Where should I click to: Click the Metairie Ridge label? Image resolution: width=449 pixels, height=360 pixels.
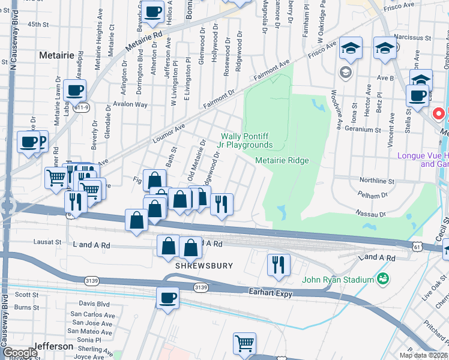tap(282, 160)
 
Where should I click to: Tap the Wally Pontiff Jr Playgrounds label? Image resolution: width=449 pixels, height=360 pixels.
tap(247, 140)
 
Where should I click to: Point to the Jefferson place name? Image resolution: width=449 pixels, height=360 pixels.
tap(53, 346)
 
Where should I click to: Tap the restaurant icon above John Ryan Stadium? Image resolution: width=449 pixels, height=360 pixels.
tap(279, 265)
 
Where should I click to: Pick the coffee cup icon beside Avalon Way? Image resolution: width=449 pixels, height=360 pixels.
tap(75, 91)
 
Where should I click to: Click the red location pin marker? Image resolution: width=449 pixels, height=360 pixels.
tap(439, 113)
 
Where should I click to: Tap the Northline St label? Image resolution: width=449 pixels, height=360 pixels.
tap(376, 180)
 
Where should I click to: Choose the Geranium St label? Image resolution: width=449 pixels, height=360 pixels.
tap(362, 129)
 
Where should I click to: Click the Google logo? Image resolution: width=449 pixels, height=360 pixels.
tap(19, 353)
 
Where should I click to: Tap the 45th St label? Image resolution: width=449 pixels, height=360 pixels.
tap(37, 25)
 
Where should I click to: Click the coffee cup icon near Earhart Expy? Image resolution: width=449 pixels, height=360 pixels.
tap(167, 298)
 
